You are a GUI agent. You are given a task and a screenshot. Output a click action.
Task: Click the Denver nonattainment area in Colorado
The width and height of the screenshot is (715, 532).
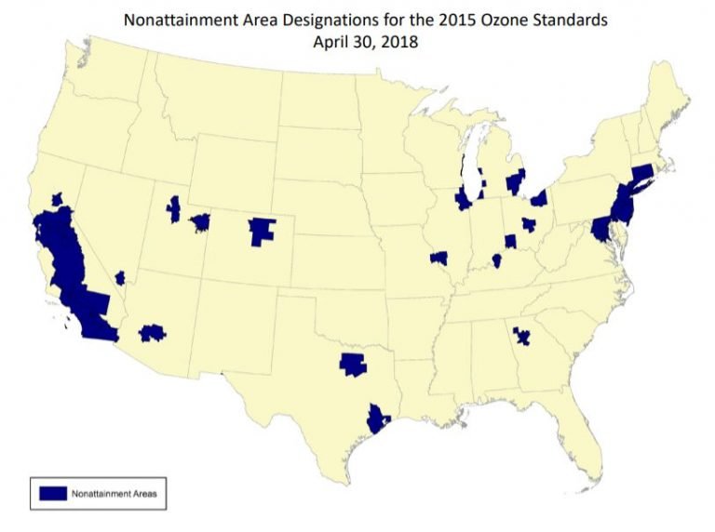tap(263, 230)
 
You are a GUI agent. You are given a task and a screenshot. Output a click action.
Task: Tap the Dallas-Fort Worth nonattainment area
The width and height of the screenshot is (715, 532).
tap(353, 364)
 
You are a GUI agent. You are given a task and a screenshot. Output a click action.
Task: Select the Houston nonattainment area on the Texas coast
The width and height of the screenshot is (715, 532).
tap(377, 419)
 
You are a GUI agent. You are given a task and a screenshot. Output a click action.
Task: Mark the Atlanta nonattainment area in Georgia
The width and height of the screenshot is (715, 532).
tap(522, 335)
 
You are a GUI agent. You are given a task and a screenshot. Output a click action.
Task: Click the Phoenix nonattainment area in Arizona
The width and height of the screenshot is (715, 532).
tap(152, 332)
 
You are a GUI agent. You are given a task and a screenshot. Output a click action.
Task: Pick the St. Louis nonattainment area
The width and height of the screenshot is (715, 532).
tap(439, 258)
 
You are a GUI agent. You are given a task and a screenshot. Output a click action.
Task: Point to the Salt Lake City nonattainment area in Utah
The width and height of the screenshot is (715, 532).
tap(173, 209)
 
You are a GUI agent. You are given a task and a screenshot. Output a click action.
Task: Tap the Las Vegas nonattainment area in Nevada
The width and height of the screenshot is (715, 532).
tap(120, 278)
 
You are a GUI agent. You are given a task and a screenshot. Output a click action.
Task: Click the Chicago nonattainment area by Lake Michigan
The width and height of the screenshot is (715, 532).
tap(463, 199)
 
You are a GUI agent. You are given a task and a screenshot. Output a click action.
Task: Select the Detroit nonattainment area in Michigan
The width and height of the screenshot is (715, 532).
tap(515, 180)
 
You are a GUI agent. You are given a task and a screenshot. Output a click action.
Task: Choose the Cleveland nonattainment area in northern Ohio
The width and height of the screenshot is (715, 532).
tap(539, 198)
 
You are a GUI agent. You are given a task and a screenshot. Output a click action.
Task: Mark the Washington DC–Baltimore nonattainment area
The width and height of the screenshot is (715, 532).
tap(600, 228)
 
